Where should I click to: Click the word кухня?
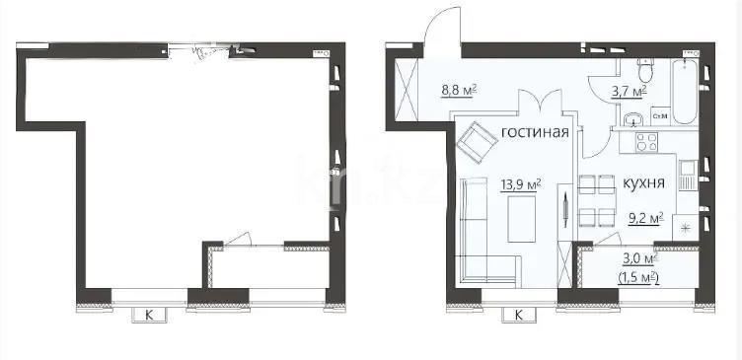(x=642, y=183)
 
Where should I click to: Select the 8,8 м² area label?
(x=459, y=89)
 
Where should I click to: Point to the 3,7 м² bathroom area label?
(x=630, y=90)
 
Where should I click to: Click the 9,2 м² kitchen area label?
(x=645, y=219)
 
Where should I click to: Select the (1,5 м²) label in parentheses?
(x=638, y=277)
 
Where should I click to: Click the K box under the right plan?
(x=519, y=316)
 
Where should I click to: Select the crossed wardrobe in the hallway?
(x=405, y=89)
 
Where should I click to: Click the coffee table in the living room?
(x=521, y=219)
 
